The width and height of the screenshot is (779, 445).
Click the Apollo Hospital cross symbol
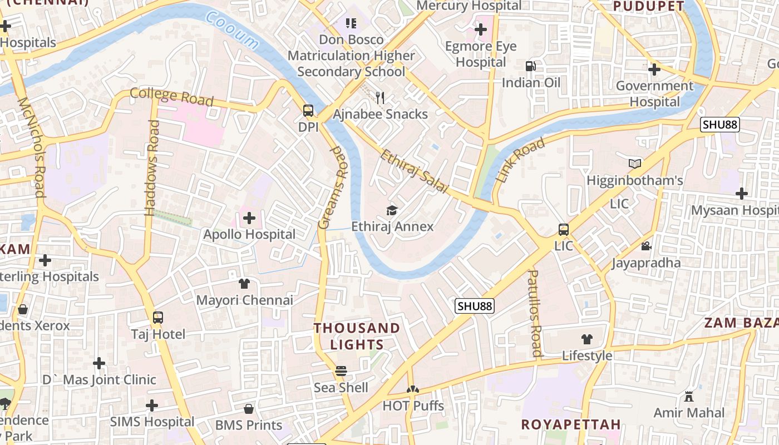(249, 218)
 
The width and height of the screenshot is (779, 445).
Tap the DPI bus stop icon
(308, 111)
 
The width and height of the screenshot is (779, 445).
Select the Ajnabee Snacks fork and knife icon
(380, 98)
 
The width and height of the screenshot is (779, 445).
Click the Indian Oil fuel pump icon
(530, 66)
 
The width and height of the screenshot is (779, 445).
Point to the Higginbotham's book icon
(635, 164)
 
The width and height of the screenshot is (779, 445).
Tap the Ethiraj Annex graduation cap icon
(392, 210)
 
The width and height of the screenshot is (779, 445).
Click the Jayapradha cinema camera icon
(646, 246)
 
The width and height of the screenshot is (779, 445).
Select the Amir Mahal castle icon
(689, 396)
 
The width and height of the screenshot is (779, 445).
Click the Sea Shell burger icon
(341, 371)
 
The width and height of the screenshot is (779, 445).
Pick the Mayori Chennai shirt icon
(244, 284)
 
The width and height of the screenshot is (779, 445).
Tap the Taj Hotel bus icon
(158, 318)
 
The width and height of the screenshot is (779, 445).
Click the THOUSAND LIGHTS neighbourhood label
(357, 336)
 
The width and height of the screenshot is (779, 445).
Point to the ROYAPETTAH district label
(571, 424)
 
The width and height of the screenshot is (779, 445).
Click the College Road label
(171, 96)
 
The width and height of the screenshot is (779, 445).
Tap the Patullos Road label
(535, 313)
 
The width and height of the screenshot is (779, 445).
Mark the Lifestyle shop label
(587, 355)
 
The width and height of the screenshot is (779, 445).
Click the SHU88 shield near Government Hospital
(720, 125)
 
